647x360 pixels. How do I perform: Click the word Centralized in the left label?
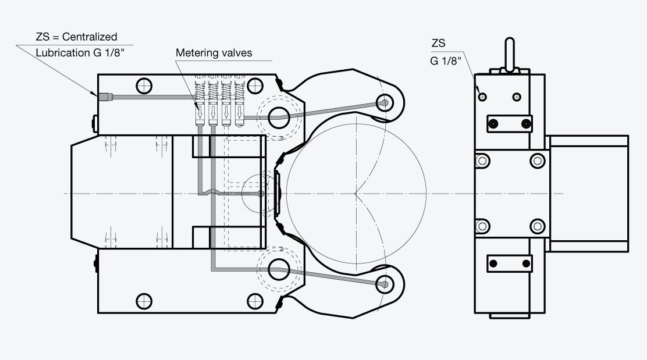click(x=90, y=37)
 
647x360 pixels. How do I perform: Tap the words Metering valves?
click(x=214, y=53)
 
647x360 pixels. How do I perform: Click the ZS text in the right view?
click(x=439, y=43)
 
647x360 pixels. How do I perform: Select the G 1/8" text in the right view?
click(x=446, y=61)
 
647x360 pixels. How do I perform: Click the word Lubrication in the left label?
click(x=63, y=53)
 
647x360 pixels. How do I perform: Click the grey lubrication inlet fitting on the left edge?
click(x=105, y=97)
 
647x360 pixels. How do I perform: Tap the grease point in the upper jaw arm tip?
click(x=385, y=103)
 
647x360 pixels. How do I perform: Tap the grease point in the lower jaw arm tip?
click(x=385, y=284)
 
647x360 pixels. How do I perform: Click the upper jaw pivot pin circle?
click(x=279, y=117)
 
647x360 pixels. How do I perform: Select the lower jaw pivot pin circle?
click(x=279, y=270)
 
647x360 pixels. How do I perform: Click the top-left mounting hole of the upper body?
click(x=144, y=86)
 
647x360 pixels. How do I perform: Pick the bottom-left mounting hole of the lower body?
click(x=144, y=301)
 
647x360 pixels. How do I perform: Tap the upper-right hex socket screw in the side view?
click(x=537, y=161)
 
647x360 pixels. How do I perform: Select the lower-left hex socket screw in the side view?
click(x=482, y=226)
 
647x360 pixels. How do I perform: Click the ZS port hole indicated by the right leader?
click(x=482, y=97)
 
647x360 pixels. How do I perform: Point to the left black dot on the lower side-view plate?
click(x=493, y=263)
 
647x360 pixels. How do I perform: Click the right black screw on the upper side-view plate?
click(x=526, y=124)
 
